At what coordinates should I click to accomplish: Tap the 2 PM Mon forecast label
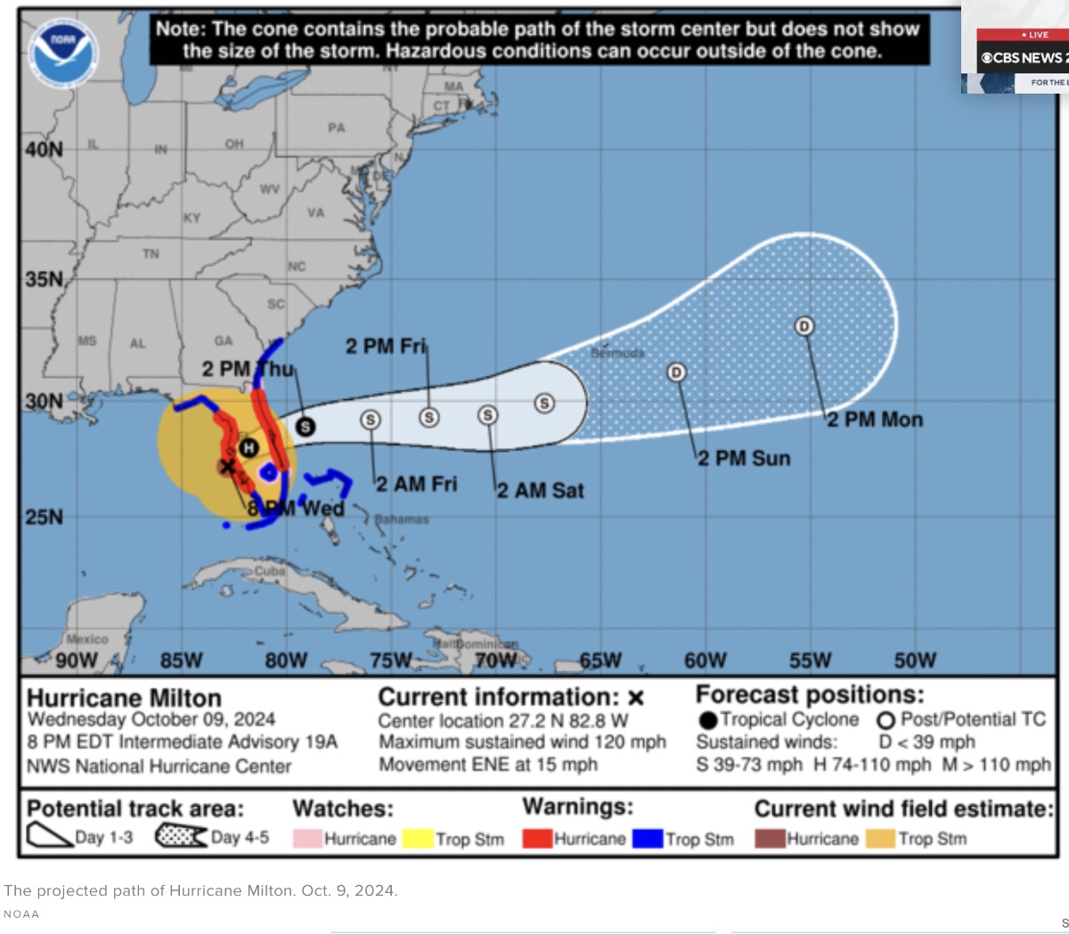[x=875, y=420]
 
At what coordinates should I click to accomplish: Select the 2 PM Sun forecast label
[x=744, y=458]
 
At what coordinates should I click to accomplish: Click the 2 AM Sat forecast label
[x=541, y=490]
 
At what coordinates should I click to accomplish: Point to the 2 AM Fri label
[x=416, y=484]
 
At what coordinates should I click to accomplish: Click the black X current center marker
[x=227, y=466]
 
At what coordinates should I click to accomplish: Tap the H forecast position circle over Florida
[x=249, y=447]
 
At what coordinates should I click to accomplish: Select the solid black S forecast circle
[x=306, y=426]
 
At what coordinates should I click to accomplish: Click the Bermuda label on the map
[x=617, y=353]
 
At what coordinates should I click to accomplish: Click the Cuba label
[x=269, y=570]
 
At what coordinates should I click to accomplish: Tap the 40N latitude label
[x=45, y=149]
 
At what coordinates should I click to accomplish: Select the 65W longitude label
[x=600, y=660]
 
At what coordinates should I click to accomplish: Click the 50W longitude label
[x=915, y=660]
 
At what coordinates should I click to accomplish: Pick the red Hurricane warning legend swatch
[x=537, y=839]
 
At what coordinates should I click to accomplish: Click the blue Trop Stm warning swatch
[x=649, y=839]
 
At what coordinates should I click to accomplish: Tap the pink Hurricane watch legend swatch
[x=307, y=839]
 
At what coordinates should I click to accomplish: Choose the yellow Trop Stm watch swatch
[x=418, y=839]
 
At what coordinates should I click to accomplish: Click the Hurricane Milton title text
[x=124, y=698]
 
